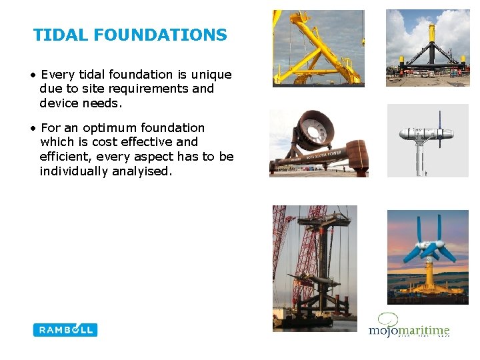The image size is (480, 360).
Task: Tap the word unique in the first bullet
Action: click(209, 74)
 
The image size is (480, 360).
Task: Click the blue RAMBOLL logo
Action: click(65, 329)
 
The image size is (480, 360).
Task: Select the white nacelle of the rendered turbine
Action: click(427, 135)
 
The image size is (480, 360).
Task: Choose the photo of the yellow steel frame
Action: click(318, 48)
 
